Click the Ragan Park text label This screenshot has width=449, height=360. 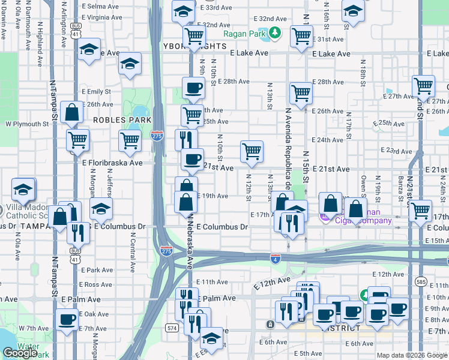(x=243, y=34)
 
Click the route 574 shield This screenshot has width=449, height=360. (x=172, y=328)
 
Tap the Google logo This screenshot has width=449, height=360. (x=20, y=353)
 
